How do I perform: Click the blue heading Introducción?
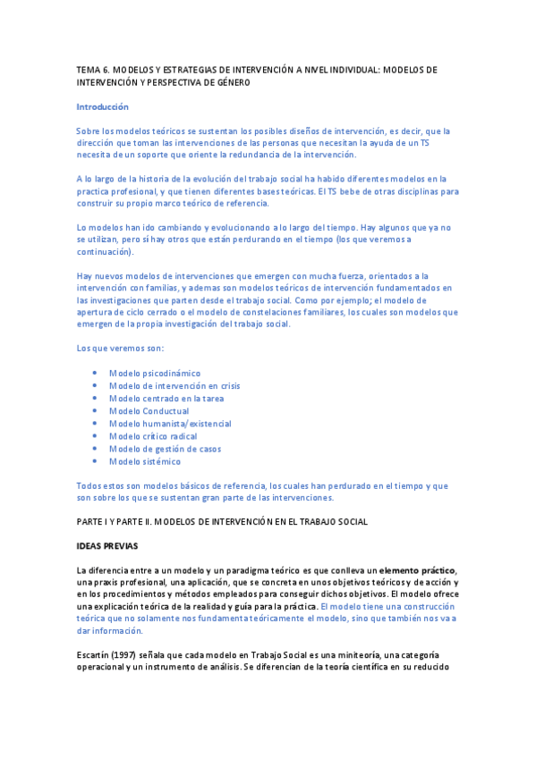[x=103, y=106]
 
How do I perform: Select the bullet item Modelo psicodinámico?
[x=155, y=373]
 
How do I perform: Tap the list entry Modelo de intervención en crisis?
[x=174, y=385]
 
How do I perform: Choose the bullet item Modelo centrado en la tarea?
[x=166, y=398]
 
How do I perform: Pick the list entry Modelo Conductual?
[x=149, y=411]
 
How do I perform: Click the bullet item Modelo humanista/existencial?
[x=170, y=424]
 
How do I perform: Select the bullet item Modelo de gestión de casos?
[x=165, y=449]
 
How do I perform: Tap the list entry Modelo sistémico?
[x=145, y=461]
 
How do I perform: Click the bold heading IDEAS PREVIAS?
[x=107, y=544]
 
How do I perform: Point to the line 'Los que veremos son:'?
[x=120, y=347]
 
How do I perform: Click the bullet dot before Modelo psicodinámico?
[x=95, y=373]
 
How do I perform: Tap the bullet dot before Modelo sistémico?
[x=95, y=461]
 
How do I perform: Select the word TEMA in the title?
[x=88, y=69]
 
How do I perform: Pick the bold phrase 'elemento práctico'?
[x=417, y=570]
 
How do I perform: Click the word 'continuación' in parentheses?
[x=106, y=252]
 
